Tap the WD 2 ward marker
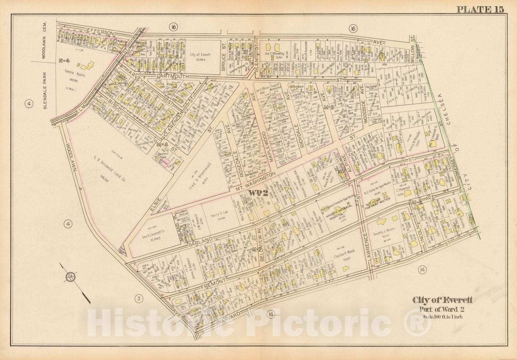(x=258, y=193)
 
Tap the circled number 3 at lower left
(x=139, y=300)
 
